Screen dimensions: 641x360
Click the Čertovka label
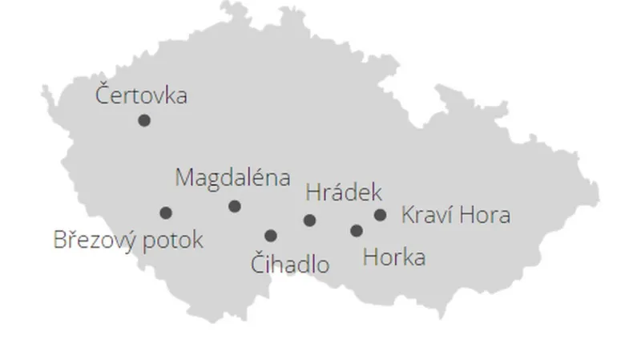[x=141, y=95]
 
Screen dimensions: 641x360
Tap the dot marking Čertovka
[x=144, y=120]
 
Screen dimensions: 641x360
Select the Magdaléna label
[x=232, y=177]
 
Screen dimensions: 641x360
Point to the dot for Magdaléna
[x=235, y=206]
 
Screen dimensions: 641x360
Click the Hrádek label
[x=344, y=192]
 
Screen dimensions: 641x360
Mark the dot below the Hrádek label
[x=310, y=220]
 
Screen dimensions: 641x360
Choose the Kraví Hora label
[x=454, y=215]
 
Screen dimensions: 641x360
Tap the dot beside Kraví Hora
[x=381, y=215]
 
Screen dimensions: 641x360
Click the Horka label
[x=393, y=258]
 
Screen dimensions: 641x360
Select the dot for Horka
[x=357, y=231]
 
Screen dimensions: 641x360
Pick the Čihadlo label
[x=290, y=263]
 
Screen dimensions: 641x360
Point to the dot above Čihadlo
[x=271, y=235]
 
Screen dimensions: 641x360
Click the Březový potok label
[x=128, y=240]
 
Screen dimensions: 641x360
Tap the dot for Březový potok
[x=166, y=212]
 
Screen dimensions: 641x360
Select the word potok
[x=175, y=240]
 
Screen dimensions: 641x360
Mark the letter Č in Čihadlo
[x=259, y=263]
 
